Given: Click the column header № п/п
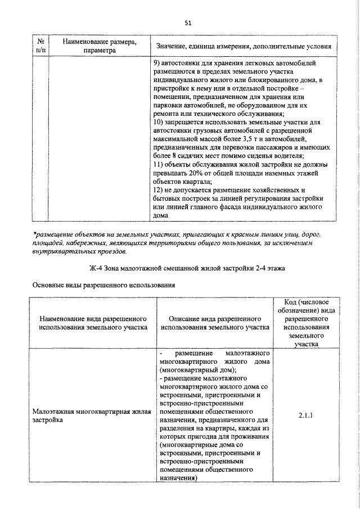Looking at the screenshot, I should pyautogui.click(x=41, y=46).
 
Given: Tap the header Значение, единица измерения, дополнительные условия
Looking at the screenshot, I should pyautogui.click(x=242, y=46).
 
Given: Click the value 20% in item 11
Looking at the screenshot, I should pyautogui.click(x=199, y=173).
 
